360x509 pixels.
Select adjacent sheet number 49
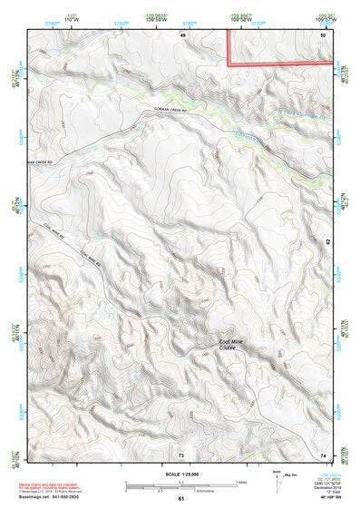tap(182, 34)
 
